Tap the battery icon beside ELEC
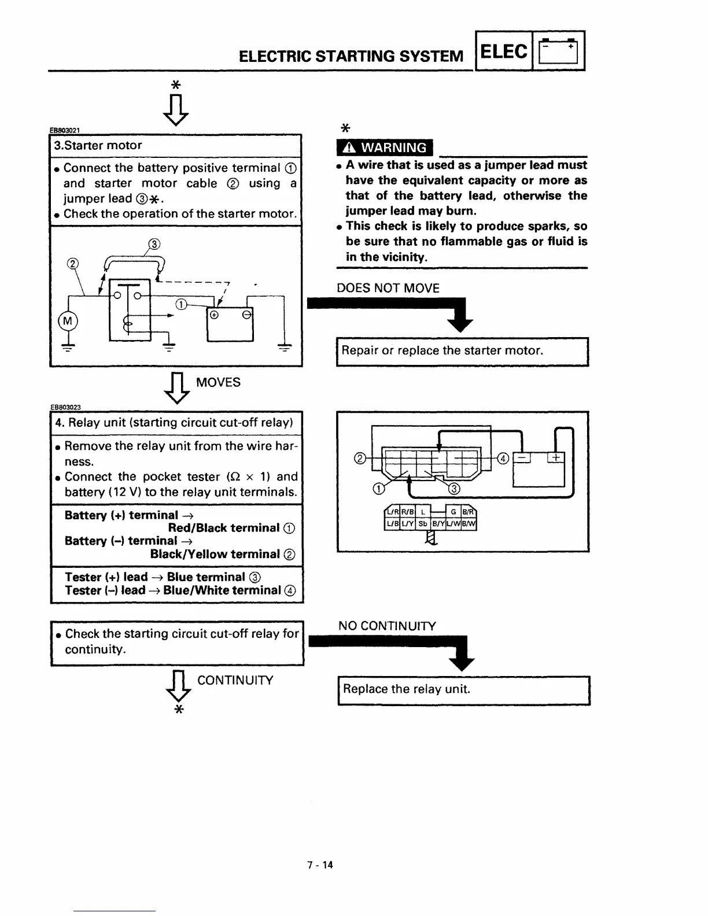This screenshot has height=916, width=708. coord(559,51)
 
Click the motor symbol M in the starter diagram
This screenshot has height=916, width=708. coord(67,321)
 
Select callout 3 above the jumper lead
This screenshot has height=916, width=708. coord(154,244)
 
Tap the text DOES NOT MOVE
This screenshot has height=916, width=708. coord(388,288)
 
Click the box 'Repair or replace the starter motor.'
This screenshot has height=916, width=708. coord(462,351)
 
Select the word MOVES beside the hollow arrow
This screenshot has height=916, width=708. coord(218,382)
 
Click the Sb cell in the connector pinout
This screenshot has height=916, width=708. coord(423,524)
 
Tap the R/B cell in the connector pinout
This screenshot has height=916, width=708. coord(407,512)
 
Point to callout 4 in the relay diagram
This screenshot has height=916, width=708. coord(503,459)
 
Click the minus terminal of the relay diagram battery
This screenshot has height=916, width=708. coord(522,458)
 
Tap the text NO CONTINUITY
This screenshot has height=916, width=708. coord(387,626)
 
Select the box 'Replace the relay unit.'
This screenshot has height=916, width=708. coord(463,689)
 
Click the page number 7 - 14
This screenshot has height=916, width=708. coord(320,865)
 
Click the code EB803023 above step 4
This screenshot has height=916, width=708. coord(65,407)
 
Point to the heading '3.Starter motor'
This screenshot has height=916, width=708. coord(98,146)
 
